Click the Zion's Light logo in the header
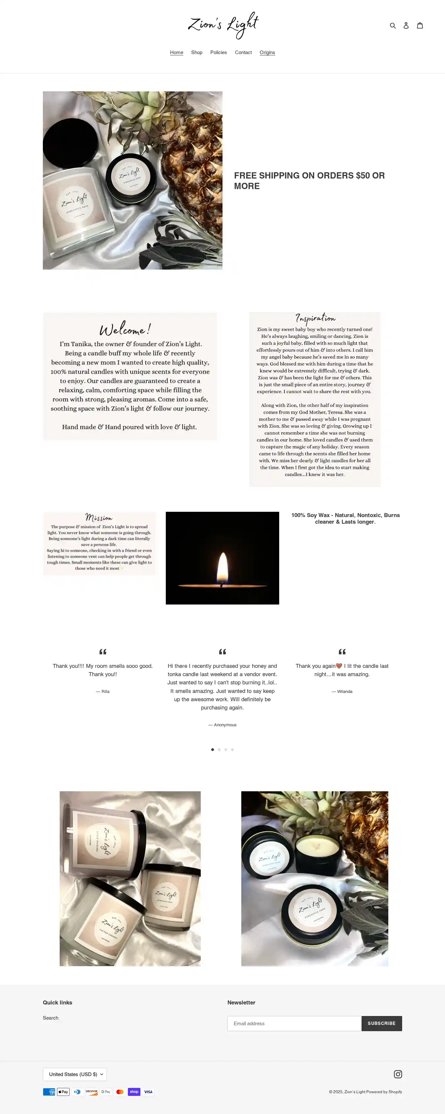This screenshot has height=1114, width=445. tap(223, 25)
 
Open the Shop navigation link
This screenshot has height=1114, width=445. tap(196, 52)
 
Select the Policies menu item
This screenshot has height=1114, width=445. tap(218, 52)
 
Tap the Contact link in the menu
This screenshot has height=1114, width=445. tap(243, 52)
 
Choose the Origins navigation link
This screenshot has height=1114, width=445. tap(267, 52)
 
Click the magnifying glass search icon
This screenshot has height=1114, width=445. tap(393, 25)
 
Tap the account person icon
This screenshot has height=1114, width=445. tap(406, 25)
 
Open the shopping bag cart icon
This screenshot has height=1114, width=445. tap(420, 25)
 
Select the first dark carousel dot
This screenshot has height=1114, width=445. tap(213, 749)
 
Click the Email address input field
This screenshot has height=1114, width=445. tap(294, 1023)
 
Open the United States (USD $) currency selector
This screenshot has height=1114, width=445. tap(75, 1074)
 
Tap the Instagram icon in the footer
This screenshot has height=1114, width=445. tap(398, 1074)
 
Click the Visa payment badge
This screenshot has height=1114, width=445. tap(148, 1092)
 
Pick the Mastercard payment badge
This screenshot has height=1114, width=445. tap(120, 1092)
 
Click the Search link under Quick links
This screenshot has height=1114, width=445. tap(50, 1018)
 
